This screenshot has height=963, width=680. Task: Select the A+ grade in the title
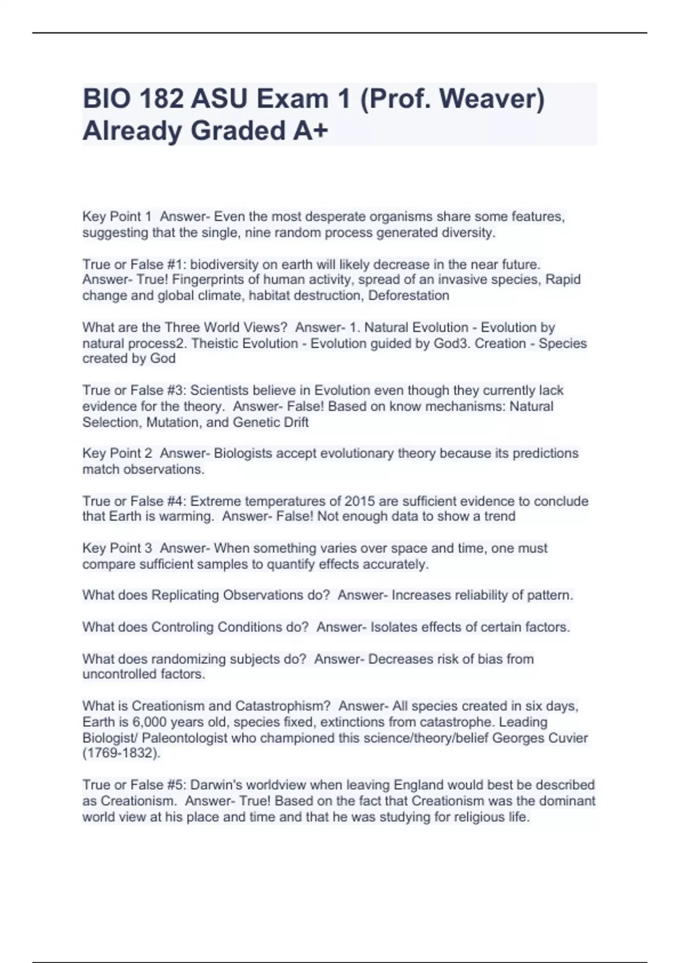coord(311,131)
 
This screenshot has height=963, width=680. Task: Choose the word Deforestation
coord(409,296)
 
